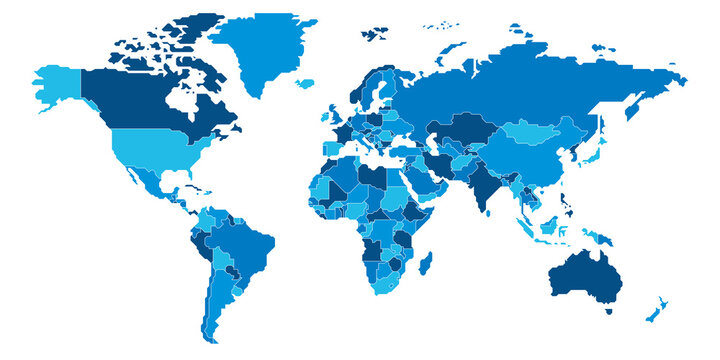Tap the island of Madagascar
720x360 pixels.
pyautogui.click(x=426, y=264)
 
